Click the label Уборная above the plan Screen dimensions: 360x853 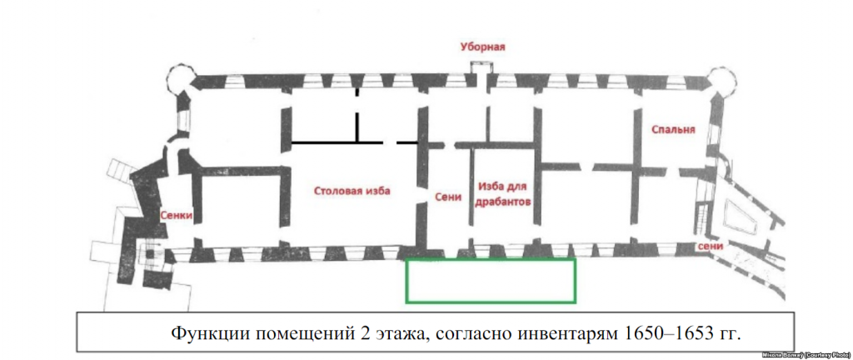(483, 47)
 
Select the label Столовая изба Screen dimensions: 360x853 (352, 190)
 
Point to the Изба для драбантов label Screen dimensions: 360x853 (505, 195)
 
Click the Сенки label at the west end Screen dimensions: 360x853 (176, 214)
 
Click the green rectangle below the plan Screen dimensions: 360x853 (491, 280)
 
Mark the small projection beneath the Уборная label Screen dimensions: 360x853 (482, 67)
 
